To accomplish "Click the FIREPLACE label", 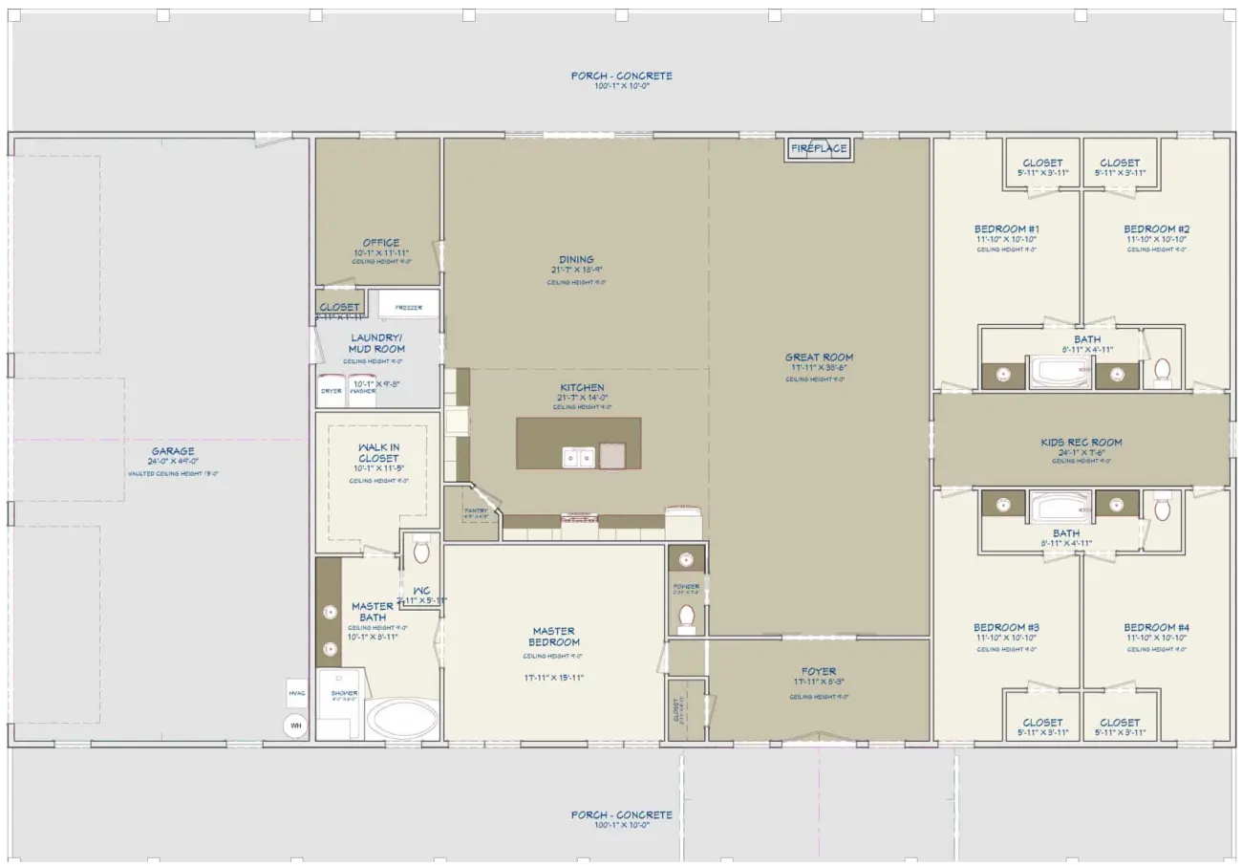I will [819, 148].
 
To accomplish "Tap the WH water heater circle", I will [295, 726].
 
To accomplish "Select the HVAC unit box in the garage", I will [295, 692].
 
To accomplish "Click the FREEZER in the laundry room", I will [409, 307].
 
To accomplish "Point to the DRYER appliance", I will [331, 391].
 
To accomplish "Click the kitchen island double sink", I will [578, 459].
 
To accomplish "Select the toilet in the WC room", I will [421, 552].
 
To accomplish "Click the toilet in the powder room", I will [685, 618].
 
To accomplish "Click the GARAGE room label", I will [172, 451].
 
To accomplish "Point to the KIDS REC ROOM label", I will [1081, 443].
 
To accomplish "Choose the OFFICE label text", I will [380, 243].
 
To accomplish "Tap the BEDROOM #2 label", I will [1156, 229].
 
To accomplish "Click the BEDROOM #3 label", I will [1007, 627].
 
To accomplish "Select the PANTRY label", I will [475, 510].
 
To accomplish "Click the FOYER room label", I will [819, 672].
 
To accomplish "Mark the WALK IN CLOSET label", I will [378, 452].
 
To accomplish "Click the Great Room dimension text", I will [819, 368].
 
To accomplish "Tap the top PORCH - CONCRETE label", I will [621, 76].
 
